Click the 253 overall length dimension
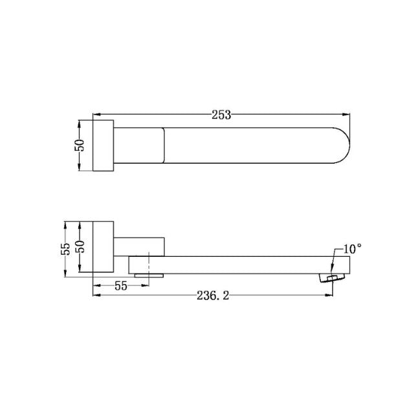[222, 114]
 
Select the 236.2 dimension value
[213, 295]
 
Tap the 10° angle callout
[352, 248]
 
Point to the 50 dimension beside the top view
[80, 146]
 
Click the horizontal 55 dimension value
[121, 285]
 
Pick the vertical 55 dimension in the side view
[66, 250]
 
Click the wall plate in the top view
[104, 146]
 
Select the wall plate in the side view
[104, 250]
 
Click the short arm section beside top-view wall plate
[139, 146]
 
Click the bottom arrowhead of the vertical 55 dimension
[66, 274]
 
